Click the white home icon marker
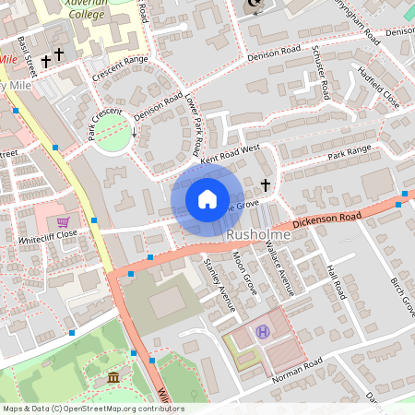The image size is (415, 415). pyautogui.click(x=207, y=198)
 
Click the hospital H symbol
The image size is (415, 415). pyautogui.click(x=263, y=331)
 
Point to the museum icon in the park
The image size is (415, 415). pyautogui.click(x=113, y=378)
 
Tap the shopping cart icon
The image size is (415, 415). pyautogui.click(x=63, y=222)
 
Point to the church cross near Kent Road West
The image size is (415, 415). pyautogui.click(x=266, y=185)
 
